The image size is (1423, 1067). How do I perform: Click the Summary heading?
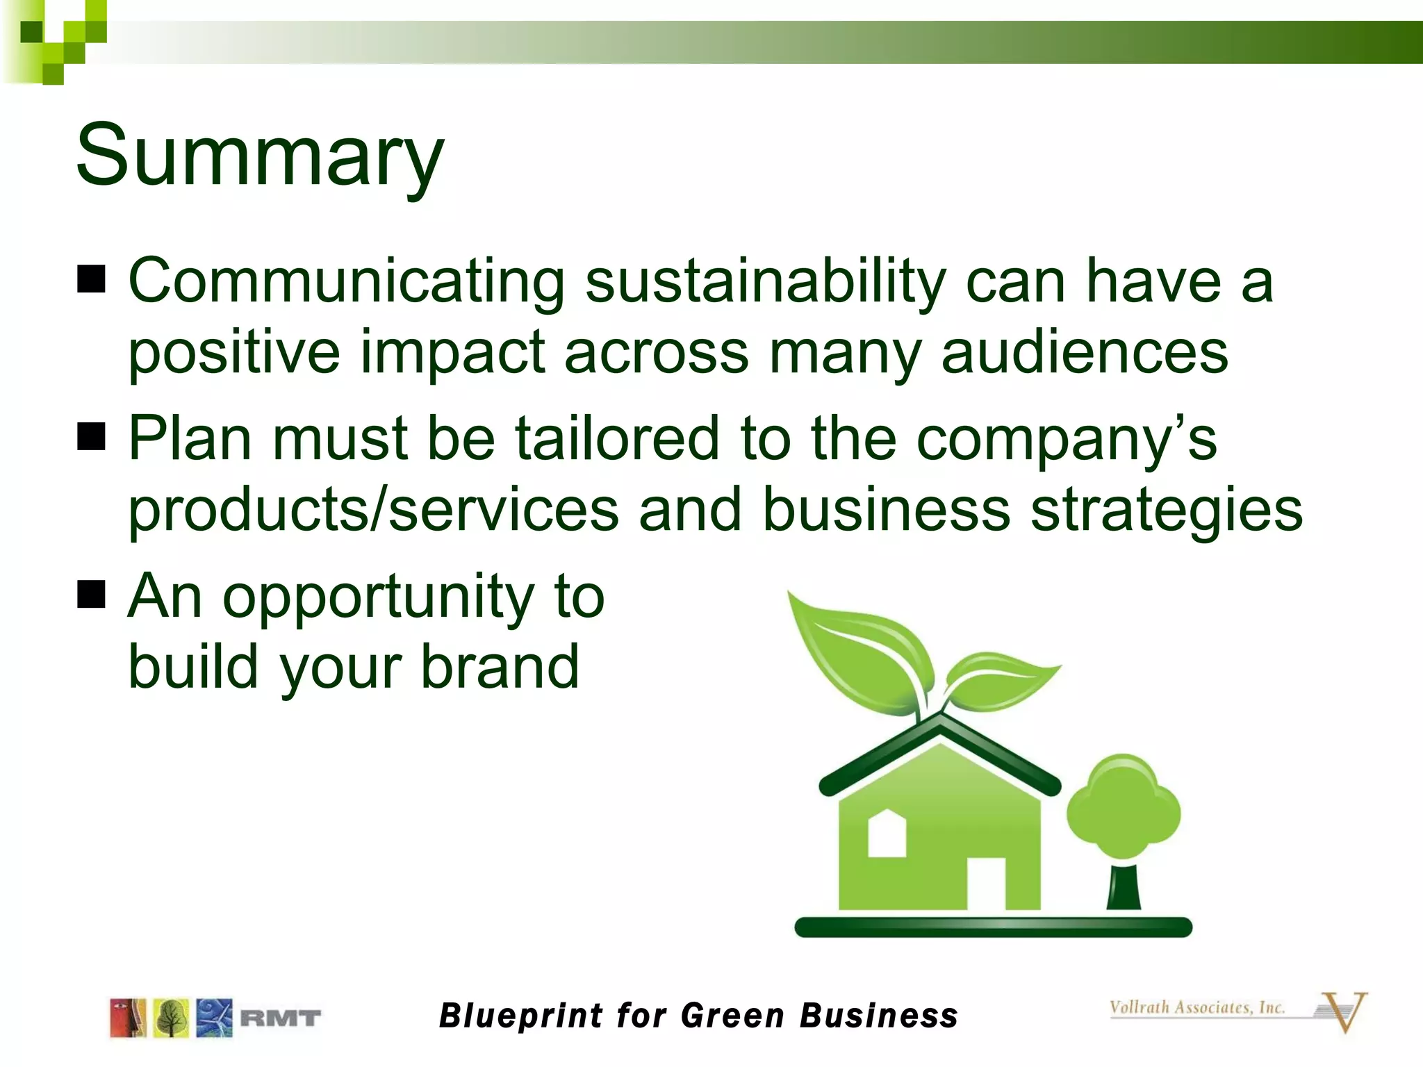point(258,156)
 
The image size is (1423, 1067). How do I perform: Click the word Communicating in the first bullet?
point(346,281)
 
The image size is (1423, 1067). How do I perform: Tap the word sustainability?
point(765,281)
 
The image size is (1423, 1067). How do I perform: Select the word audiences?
point(1085,352)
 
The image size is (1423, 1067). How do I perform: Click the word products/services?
point(373,510)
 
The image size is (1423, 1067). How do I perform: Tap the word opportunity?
point(378,597)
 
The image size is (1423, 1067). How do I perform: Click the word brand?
point(500,667)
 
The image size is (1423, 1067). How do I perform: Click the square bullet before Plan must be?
point(91,437)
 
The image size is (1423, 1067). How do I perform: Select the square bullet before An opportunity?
point(91,595)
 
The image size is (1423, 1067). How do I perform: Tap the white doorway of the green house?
point(987,884)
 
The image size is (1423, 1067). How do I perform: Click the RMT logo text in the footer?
point(280,1018)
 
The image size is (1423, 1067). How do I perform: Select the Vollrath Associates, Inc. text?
point(1196,1007)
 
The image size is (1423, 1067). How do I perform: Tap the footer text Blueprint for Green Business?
point(698,1016)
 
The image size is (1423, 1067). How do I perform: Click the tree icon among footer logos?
point(171,1018)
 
